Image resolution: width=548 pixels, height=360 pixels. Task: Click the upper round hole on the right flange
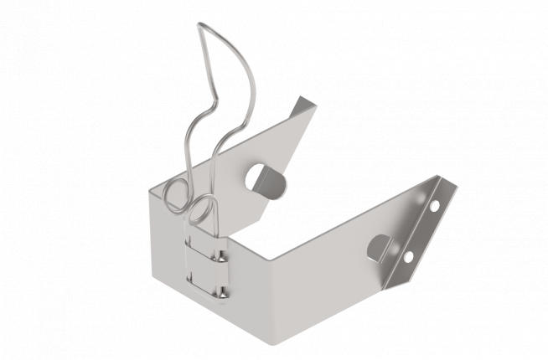[434, 204]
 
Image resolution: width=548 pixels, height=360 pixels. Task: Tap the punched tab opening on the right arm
[380, 248]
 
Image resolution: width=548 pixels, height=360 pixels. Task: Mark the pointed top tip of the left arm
[308, 97]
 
